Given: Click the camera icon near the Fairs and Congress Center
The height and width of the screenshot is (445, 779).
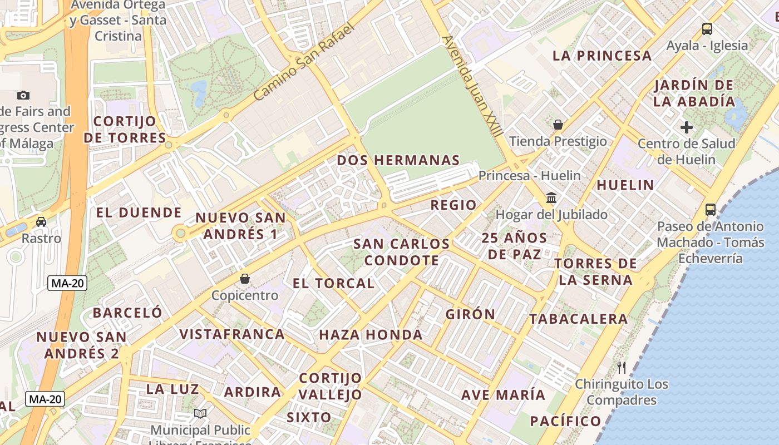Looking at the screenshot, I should (x=23, y=95).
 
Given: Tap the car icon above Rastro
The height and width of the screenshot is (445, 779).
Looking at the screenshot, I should (x=41, y=222).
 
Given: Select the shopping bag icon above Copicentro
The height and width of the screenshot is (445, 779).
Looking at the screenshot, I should (x=244, y=279).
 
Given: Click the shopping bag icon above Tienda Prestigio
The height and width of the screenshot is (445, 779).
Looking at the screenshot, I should (x=558, y=125).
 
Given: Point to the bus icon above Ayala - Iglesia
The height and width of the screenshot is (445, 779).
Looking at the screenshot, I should (x=707, y=29).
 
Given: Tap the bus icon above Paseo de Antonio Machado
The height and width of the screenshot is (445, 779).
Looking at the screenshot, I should (x=710, y=210).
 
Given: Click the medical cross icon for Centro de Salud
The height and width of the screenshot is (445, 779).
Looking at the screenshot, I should (x=687, y=127).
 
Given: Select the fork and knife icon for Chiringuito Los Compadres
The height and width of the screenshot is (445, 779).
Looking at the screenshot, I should (x=622, y=367).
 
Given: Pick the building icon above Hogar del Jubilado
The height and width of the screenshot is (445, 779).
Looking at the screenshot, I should (x=551, y=198).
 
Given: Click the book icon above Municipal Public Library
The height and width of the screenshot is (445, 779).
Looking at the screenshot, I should (x=200, y=414).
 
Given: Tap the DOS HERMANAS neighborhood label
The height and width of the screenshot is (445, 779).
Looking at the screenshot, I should (x=398, y=161).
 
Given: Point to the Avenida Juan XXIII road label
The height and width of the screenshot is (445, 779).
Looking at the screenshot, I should (x=473, y=87).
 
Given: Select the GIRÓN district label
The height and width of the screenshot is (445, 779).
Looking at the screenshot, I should (x=470, y=314).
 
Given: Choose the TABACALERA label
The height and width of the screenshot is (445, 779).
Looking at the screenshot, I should (x=578, y=319).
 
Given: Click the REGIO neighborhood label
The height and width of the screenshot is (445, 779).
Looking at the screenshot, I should (x=453, y=205).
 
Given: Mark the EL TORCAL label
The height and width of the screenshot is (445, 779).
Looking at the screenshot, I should (x=333, y=283).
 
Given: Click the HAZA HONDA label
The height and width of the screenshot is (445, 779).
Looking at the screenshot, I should (x=371, y=335).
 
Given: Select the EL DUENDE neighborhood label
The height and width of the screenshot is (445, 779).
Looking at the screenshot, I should (x=139, y=212).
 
